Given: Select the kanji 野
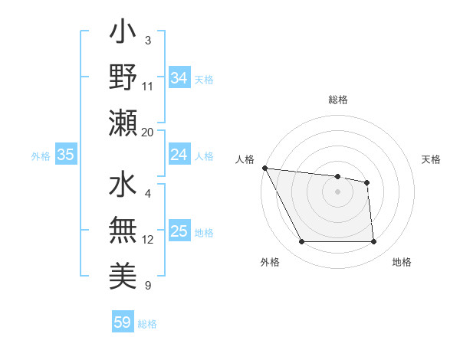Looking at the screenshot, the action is click(x=123, y=77).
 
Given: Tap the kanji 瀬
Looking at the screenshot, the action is click(x=123, y=123).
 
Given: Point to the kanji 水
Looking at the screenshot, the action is click(x=123, y=185).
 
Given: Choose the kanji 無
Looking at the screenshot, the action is click(x=123, y=231).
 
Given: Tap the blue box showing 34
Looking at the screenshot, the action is click(x=179, y=77).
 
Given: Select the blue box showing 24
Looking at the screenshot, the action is click(x=179, y=155).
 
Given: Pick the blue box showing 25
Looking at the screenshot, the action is click(x=179, y=231).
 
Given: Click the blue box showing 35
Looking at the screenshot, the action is click(x=65, y=155).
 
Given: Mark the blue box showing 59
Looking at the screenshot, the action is click(x=122, y=322).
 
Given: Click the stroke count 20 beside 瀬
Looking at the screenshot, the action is click(x=148, y=132).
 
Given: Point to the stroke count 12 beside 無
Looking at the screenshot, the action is click(x=148, y=240).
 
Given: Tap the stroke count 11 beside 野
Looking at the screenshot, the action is click(x=148, y=87).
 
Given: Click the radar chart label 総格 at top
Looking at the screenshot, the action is click(x=337, y=100).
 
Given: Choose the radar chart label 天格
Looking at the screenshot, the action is click(x=432, y=159).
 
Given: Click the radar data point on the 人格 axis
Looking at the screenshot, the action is click(x=264, y=168).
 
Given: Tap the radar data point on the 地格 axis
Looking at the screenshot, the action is click(x=373, y=242).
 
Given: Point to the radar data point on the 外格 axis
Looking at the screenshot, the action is click(x=301, y=242).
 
